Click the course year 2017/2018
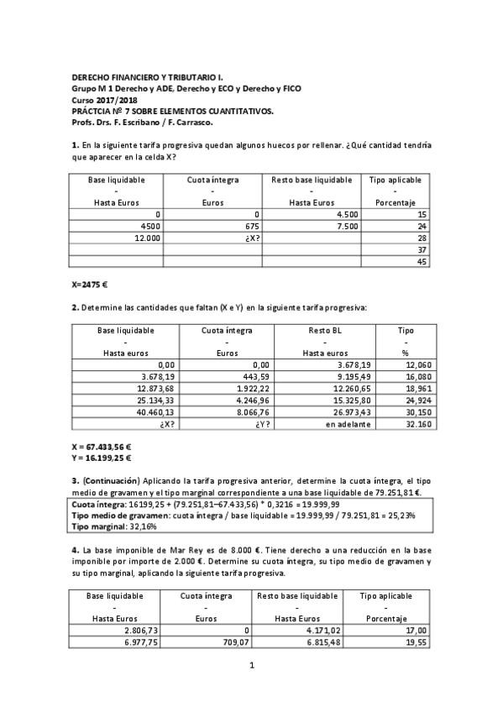point(112,99)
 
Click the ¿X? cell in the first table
point(248,238)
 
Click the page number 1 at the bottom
point(251,666)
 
